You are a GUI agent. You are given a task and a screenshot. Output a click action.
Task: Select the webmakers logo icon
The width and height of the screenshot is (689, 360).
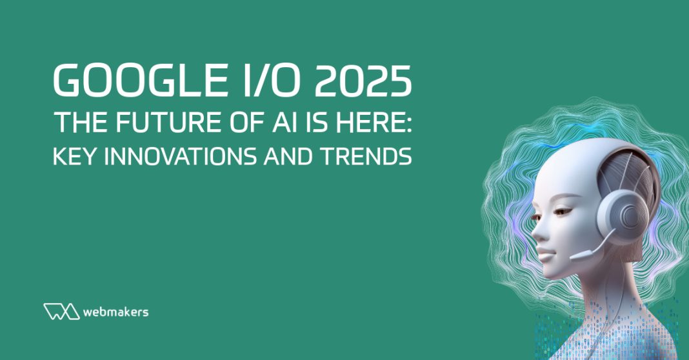click(x=61, y=311)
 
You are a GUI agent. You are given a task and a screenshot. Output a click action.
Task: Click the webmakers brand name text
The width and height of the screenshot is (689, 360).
click(x=116, y=312)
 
